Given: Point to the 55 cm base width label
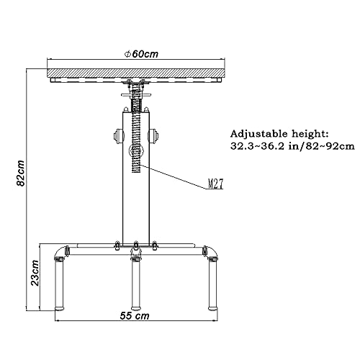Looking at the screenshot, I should pyautogui.click(x=135, y=316).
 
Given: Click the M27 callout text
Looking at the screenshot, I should pyautogui.click(x=215, y=184).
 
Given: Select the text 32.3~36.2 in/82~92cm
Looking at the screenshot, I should pyautogui.click(x=292, y=146).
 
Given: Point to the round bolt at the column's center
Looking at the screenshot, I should pyautogui.click(x=135, y=152).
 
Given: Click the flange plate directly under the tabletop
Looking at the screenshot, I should pyautogui.click(x=135, y=84).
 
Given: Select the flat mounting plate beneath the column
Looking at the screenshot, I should pyautogui.click(x=135, y=243).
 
